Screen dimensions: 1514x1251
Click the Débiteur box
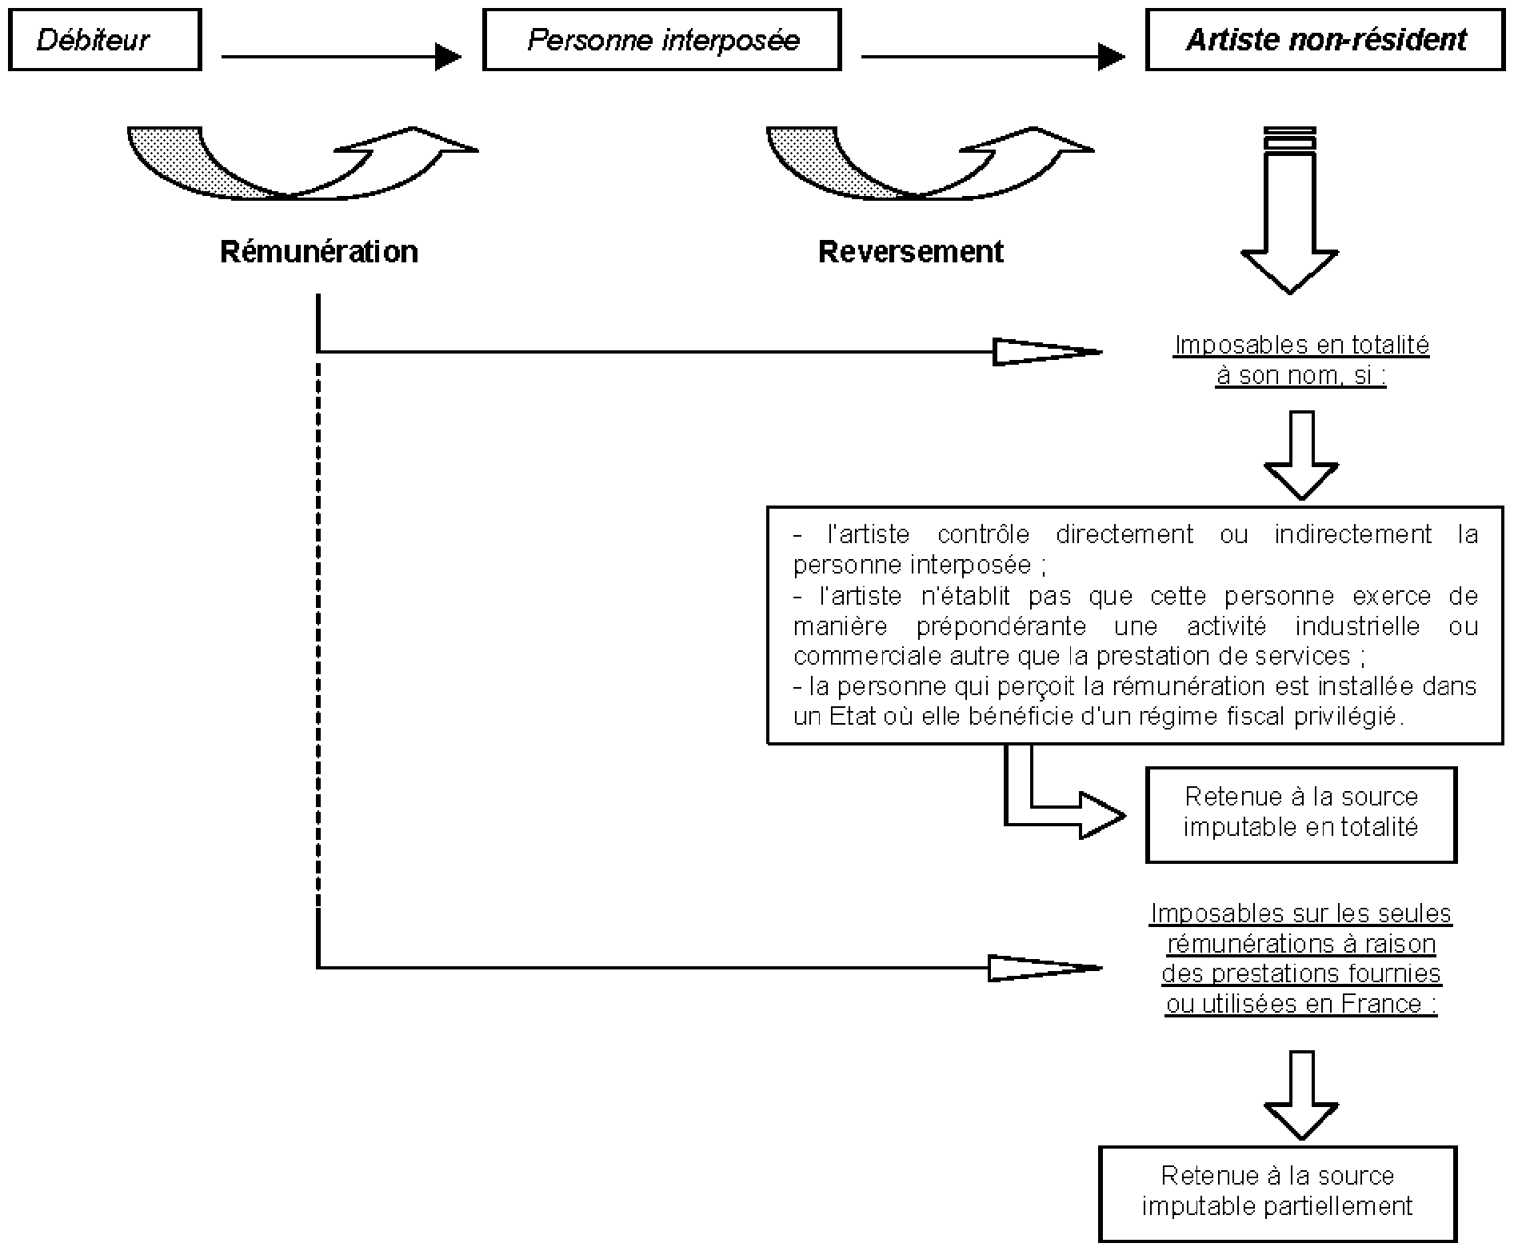tap(105, 40)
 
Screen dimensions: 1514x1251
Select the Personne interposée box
tap(662, 40)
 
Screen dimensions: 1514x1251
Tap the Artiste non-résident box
tap(1325, 40)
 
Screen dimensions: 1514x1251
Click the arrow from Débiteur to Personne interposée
tap(342, 57)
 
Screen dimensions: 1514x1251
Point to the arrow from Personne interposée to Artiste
tap(993, 57)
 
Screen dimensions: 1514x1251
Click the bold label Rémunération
tap(319, 252)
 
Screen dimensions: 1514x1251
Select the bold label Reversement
tap(911, 252)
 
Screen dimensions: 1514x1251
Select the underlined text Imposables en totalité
tap(1301, 345)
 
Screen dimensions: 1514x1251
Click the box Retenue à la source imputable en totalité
tap(1301, 815)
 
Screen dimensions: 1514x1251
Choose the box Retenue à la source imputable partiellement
tap(1278, 1193)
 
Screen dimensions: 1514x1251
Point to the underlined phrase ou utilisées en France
tap(1301, 1004)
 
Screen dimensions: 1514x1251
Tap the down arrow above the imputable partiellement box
tap(1301, 1094)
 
